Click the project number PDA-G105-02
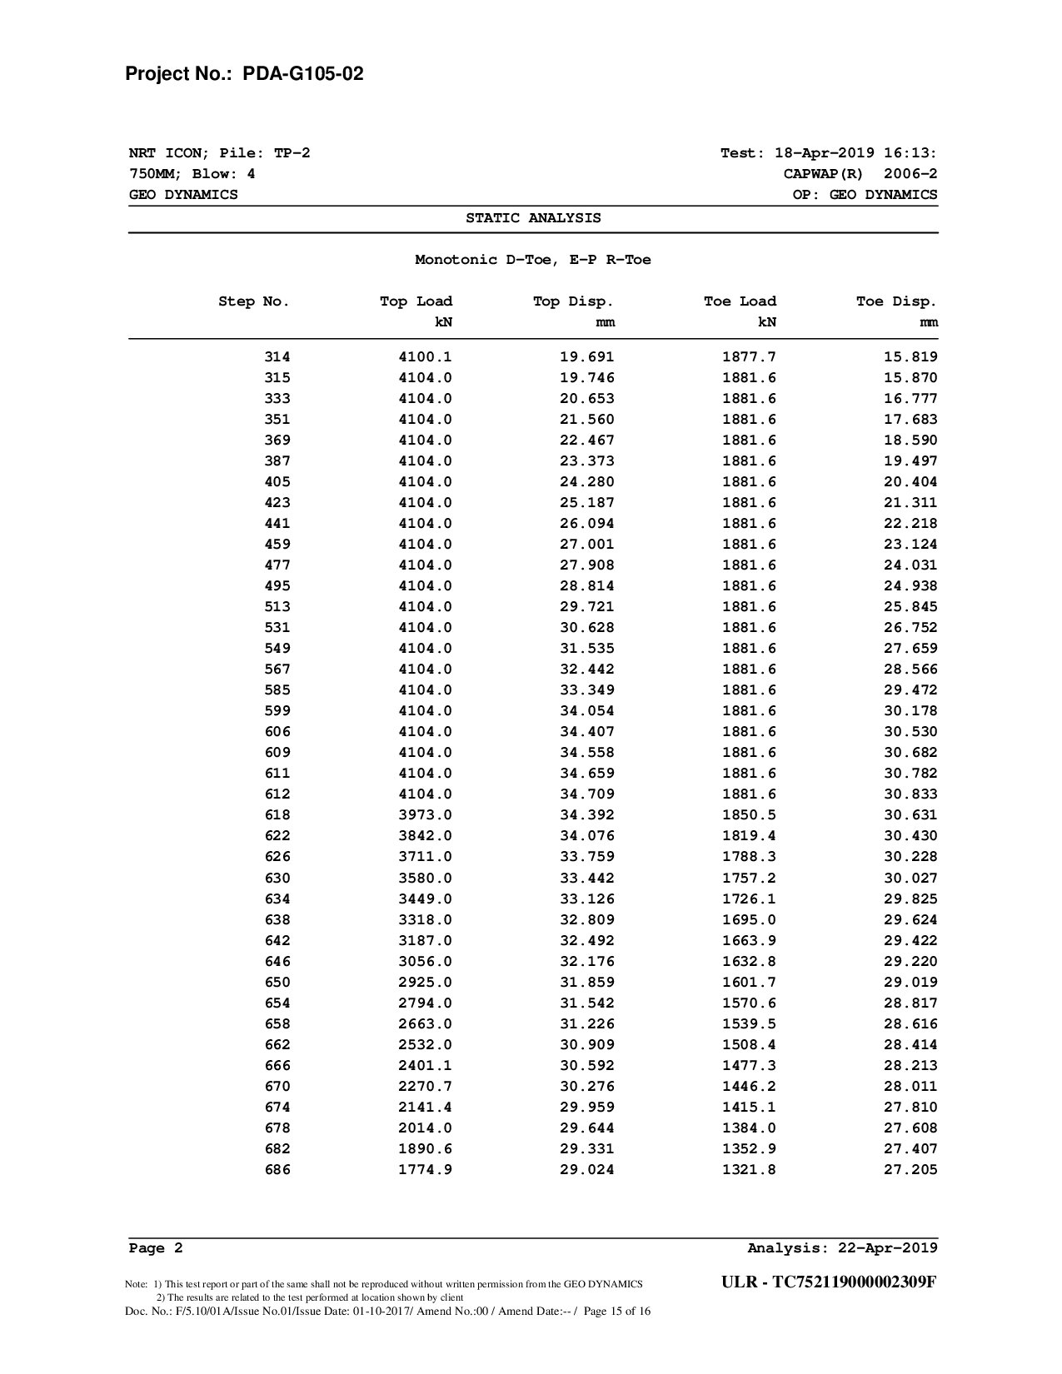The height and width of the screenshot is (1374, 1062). point(303,74)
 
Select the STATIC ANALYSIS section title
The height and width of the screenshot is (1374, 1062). point(533,218)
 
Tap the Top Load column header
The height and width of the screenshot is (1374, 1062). point(416,301)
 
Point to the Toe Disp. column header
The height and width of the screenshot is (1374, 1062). point(896,301)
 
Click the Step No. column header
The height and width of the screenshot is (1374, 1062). point(254,301)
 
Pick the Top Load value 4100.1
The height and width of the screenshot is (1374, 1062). point(425,357)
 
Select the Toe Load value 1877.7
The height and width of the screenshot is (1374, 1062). point(749,357)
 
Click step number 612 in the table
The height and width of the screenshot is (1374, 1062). point(277,794)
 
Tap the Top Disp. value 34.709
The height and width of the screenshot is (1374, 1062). point(586,794)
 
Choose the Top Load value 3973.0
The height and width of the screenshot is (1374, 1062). point(425,815)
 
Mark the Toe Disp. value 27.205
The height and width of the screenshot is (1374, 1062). point(910,1170)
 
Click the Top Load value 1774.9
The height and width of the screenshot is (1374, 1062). point(425,1170)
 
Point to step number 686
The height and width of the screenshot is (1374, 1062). point(277,1170)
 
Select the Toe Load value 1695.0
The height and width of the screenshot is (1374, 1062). point(749,920)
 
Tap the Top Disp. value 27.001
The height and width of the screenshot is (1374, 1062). point(586,545)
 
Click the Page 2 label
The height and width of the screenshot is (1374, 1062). point(156,1248)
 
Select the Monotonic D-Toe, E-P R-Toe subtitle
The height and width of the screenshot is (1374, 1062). point(533,260)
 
